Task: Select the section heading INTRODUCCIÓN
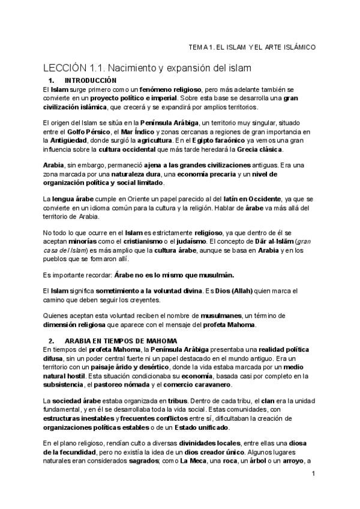90,80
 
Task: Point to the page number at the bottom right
313,474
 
